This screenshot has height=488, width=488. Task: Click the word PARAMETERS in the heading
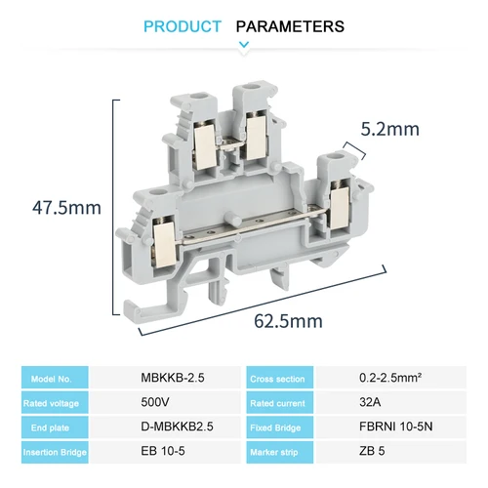[291, 26]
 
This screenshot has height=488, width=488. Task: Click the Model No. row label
[54, 378]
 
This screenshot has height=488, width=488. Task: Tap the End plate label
[53, 427]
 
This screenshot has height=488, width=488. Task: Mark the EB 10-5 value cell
[162, 452]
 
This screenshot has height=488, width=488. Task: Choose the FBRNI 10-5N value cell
[395, 427]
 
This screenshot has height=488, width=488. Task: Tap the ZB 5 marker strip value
[372, 452]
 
